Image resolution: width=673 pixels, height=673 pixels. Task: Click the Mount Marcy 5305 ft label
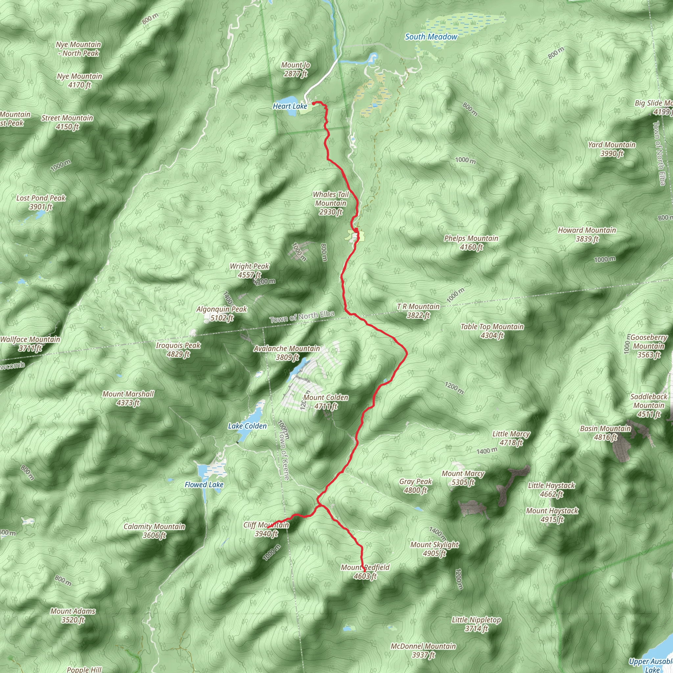463,477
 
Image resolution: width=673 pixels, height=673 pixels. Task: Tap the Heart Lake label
290,106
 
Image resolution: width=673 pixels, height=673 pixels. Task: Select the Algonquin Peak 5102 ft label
221,313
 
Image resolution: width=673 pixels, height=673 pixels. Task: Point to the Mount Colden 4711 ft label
326,402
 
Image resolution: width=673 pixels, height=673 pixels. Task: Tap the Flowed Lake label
204,485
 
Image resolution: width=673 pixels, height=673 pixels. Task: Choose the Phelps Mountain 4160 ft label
471,243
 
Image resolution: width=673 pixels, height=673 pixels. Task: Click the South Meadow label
431,36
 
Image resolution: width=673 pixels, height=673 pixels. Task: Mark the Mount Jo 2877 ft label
295,69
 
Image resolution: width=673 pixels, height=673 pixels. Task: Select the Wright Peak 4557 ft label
249,270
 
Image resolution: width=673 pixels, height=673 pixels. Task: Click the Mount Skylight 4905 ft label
434,549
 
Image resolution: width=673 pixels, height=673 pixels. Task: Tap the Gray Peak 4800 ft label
415,486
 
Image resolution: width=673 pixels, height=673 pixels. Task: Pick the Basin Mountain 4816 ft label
605,433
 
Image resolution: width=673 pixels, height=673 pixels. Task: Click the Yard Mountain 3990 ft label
612,149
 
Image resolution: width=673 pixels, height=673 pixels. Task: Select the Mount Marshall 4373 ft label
128,398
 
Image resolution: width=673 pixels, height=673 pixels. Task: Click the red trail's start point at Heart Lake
313,103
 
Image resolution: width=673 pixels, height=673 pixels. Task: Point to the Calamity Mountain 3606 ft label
154,530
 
